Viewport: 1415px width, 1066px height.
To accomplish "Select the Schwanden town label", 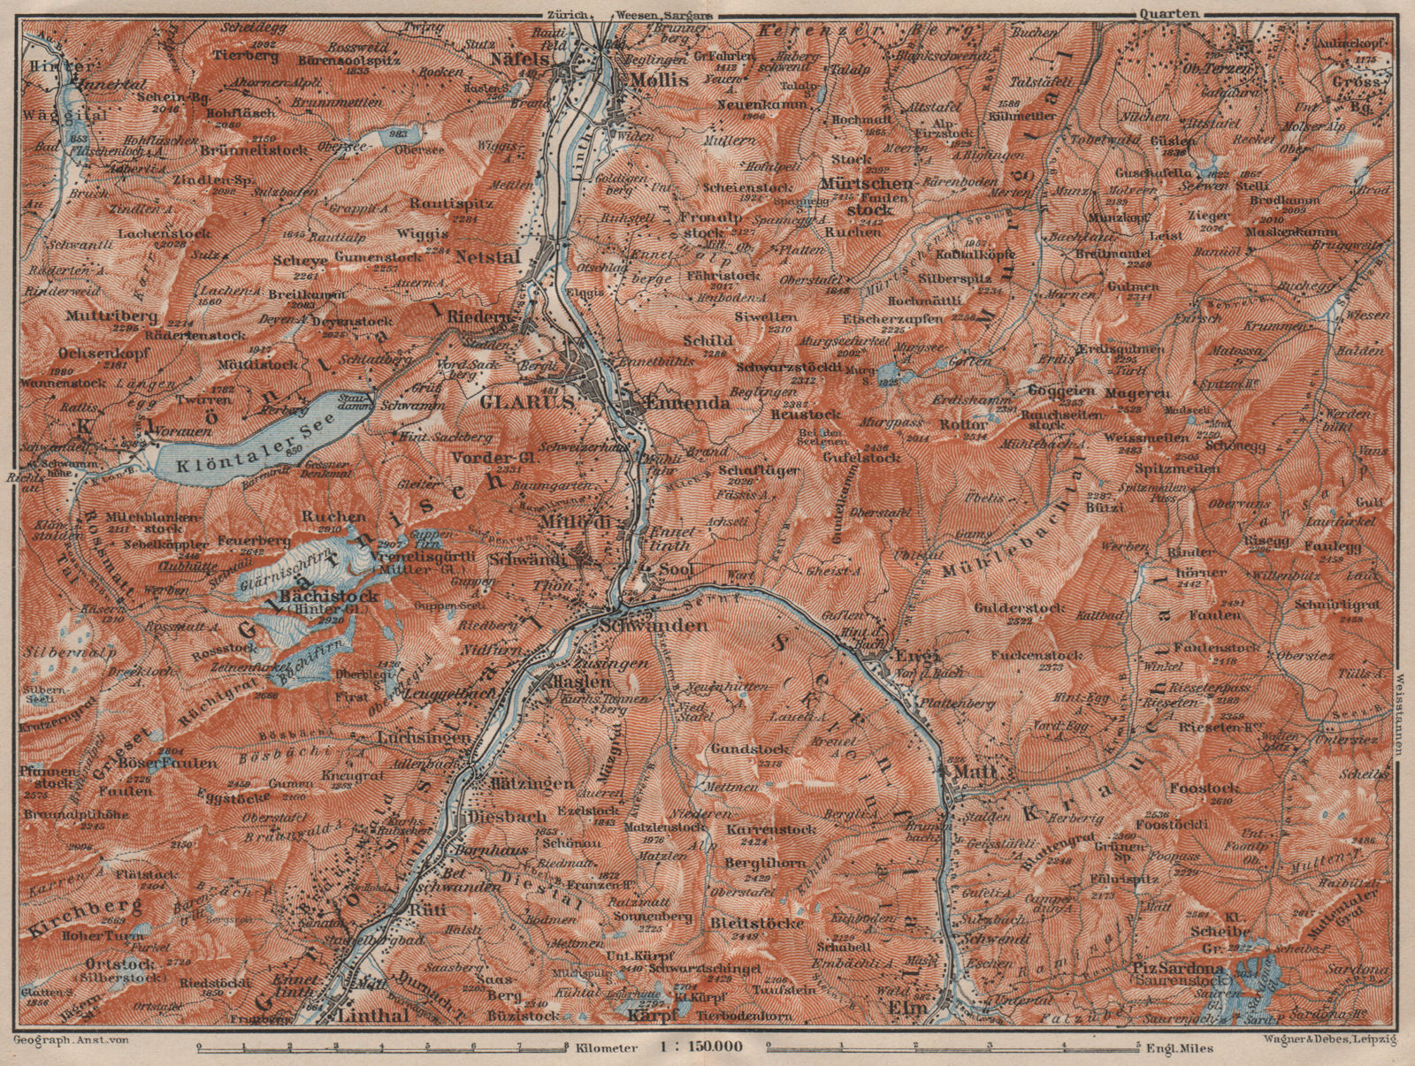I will tap(653, 625).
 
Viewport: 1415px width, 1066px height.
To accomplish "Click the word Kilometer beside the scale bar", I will tap(605, 1048).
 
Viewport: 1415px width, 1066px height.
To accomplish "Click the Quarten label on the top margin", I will tap(1169, 12).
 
